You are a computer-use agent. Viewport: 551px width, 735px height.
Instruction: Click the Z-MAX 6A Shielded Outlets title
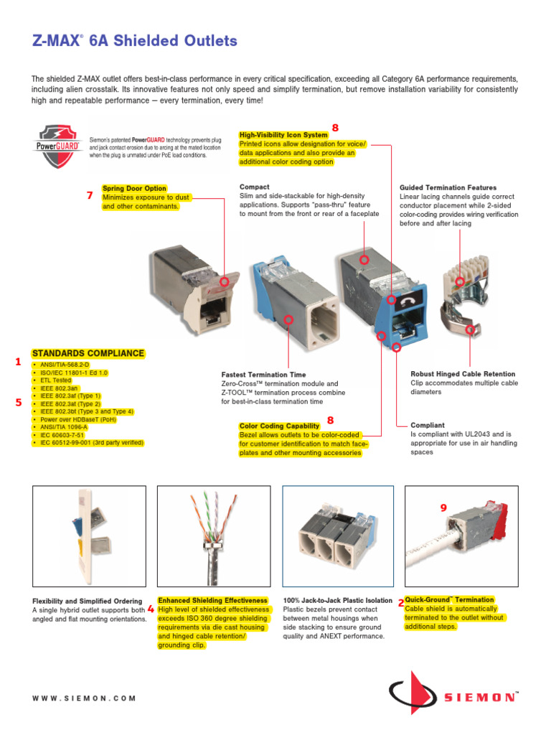pos(134,41)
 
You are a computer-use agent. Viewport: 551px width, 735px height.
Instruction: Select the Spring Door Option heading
pos(134,189)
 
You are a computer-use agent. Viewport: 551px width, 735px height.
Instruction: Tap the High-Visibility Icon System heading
pos(283,135)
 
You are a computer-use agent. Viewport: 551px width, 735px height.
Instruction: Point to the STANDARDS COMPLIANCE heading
pos(88,354)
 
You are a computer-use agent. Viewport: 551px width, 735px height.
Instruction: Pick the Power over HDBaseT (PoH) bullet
pos(75,420)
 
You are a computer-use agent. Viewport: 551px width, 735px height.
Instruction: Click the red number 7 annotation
pos(90,195)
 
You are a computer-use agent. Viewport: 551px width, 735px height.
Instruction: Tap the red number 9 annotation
pos(443,508)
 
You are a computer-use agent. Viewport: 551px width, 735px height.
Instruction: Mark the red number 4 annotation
pos(151,609)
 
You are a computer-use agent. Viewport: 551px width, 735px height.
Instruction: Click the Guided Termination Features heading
pos(448,188)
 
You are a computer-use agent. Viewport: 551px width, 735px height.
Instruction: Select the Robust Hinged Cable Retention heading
pos(463,374)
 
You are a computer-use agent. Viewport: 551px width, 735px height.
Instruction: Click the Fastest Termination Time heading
pos(263,375)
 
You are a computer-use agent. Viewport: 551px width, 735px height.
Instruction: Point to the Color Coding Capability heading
pos(279,426)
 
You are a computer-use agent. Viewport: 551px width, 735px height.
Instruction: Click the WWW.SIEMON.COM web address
pos(84,698)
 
